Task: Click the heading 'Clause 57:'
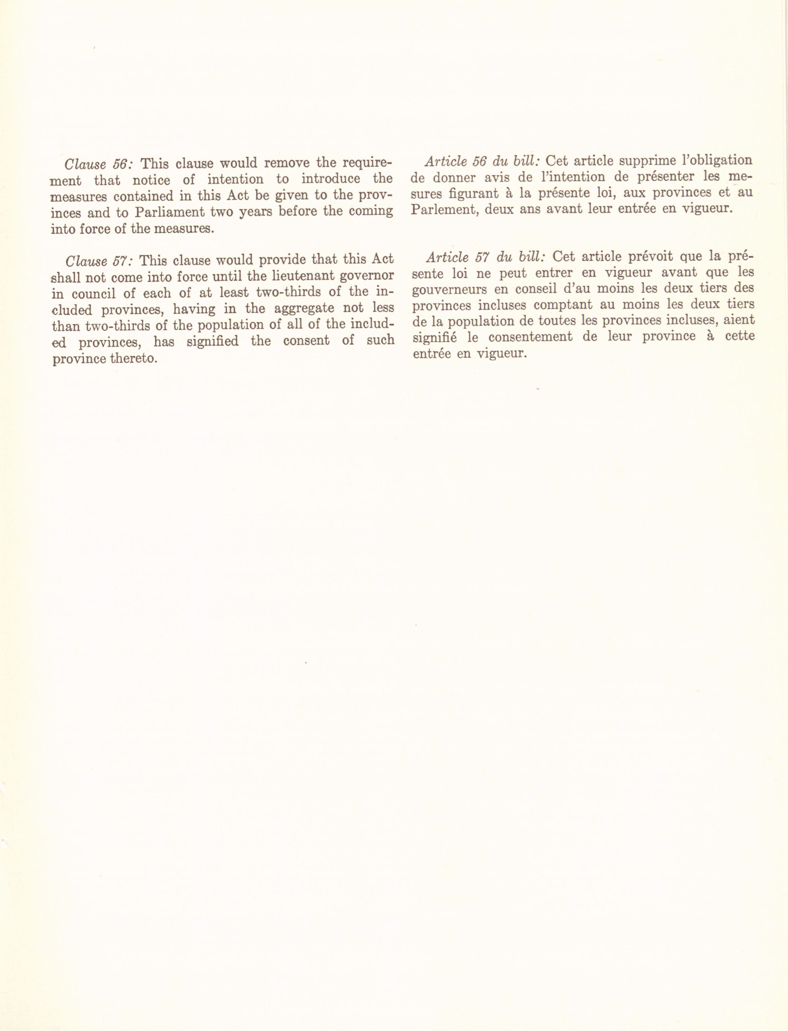point(99,260)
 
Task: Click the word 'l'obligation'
point(716,161)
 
